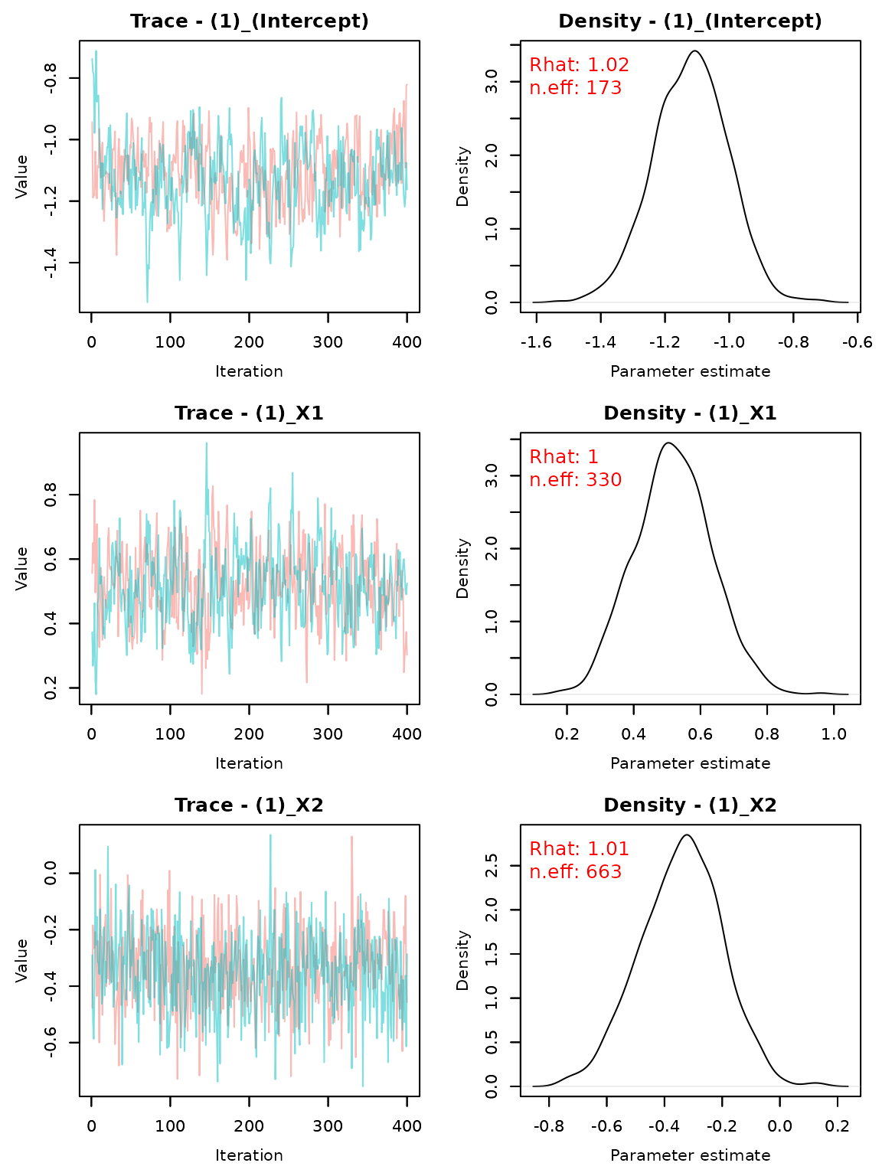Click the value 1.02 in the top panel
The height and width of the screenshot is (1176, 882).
608,66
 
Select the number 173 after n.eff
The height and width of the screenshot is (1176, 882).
604,89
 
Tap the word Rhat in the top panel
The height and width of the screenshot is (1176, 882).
551,66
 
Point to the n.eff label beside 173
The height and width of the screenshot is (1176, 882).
553,89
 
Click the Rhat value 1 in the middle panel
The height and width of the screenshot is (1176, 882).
593,458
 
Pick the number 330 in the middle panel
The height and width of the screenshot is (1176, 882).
604,481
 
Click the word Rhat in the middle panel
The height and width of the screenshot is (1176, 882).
551,458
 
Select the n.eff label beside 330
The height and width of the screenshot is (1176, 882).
553,481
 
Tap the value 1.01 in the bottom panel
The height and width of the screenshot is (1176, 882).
608,850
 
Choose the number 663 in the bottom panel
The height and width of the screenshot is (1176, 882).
604,873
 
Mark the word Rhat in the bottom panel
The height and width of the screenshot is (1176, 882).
551,850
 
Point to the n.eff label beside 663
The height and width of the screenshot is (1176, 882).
553,873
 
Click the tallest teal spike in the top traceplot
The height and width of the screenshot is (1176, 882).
96,52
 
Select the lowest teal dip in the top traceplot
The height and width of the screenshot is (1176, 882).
147,301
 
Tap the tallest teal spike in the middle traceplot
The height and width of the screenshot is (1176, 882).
206,444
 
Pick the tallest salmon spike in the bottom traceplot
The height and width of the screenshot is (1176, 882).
351,837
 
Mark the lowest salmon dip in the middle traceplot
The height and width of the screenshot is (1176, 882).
201,693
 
